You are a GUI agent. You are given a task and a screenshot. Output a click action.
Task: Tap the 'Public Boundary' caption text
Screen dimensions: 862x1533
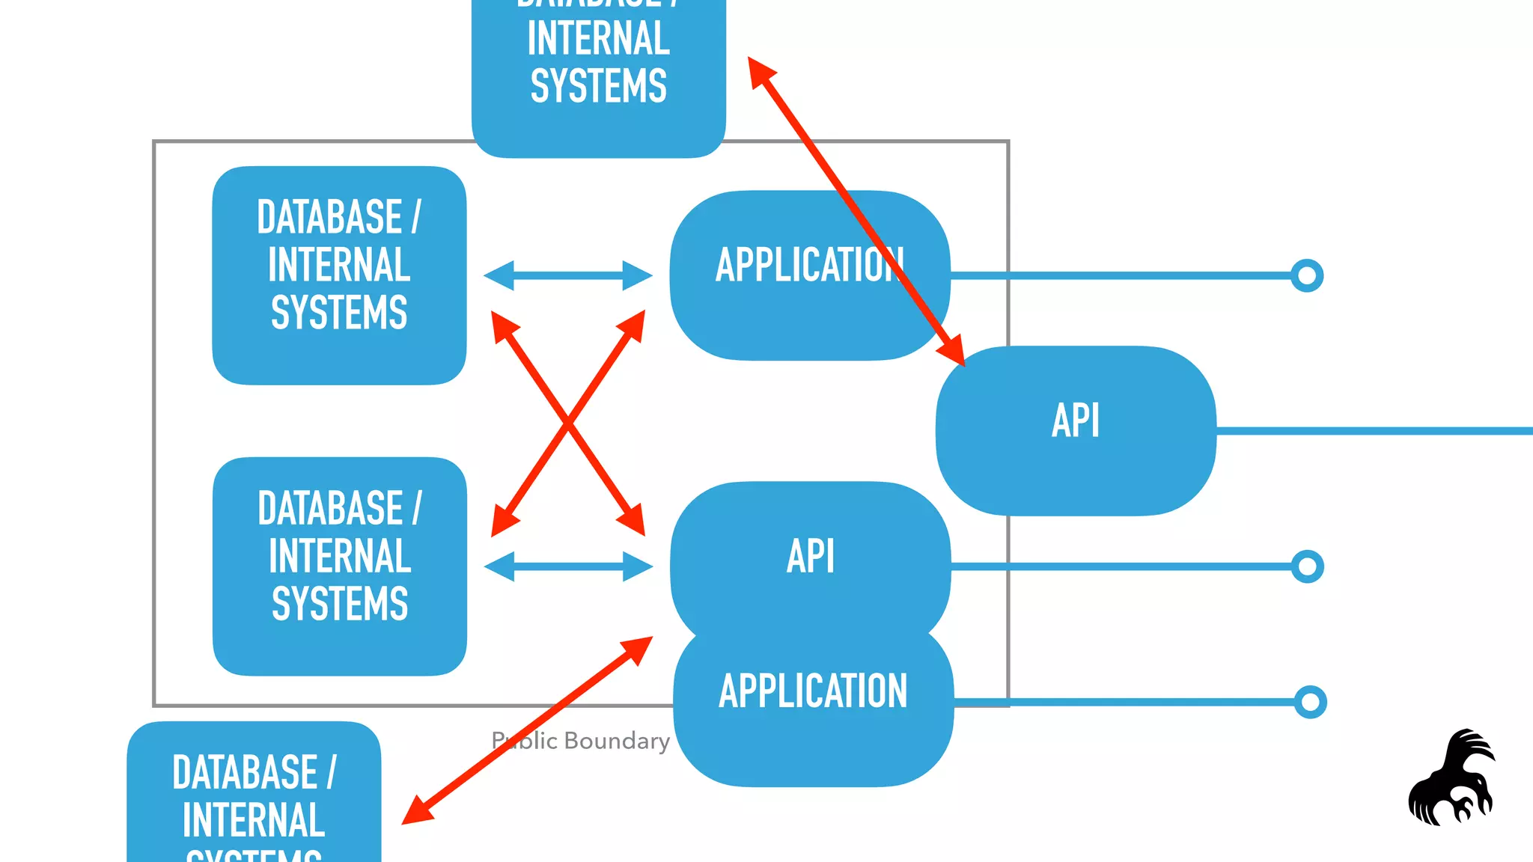[x=581, y=741]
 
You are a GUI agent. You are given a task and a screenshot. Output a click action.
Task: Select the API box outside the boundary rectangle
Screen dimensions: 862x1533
[x=1076, y=430]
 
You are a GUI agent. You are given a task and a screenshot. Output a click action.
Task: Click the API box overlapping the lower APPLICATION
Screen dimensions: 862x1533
[x=810, y=556]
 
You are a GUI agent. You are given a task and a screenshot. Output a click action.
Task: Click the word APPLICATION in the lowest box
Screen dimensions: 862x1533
[x=813, y=691]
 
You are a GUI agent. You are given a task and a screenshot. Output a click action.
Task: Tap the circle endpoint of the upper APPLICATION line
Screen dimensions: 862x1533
[x=1307, y=275]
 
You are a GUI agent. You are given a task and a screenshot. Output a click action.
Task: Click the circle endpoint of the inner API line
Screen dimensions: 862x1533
[x=1307, y=566]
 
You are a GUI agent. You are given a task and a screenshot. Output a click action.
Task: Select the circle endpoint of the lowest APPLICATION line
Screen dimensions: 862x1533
[x=1310, y=702]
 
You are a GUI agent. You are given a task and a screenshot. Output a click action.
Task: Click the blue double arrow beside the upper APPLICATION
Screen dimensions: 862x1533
[x=567, y=275]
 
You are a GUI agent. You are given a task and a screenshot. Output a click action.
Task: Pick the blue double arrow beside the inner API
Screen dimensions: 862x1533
[x=568, y=566]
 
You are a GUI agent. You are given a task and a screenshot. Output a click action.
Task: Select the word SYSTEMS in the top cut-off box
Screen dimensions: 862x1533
[x=598, y=85]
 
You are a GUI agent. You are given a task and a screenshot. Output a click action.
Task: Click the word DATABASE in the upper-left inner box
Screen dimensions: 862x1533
[x=329, y=217]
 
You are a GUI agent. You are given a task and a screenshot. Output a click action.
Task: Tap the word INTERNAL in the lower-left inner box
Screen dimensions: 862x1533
[x=340, y=556]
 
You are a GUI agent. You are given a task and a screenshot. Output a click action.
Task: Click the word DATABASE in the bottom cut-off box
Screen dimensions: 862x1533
[x=245, y=772]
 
